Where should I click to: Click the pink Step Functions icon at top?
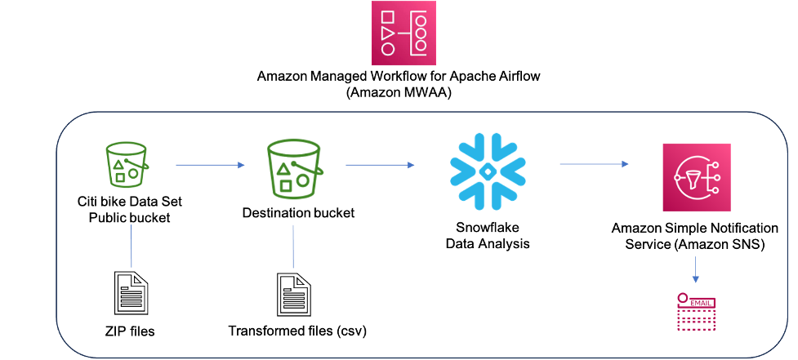click(x=403, y=33)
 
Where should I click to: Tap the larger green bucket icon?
click(x=293, y=169)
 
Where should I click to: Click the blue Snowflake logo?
click(x=488, y=171)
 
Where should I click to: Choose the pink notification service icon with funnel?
click(x=696, y=177)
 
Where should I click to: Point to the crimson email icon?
click(x=696, y=312)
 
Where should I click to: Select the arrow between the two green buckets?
click(x=210, y=165)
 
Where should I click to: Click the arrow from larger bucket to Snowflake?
click(x=380, y=165)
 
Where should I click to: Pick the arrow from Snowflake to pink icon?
click(x=594, y=164)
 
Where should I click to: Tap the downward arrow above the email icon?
click(x=696, y=270)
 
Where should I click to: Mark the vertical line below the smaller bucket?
click(x=132, y=247)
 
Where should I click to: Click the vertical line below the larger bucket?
click(x=293, y=247)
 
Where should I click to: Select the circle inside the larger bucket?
click(x=303, y=180)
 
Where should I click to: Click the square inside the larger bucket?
click(x=286, y=185)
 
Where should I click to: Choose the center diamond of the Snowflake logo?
click(x=488, y=171)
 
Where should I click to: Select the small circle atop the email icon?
click(x=682, y=296)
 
